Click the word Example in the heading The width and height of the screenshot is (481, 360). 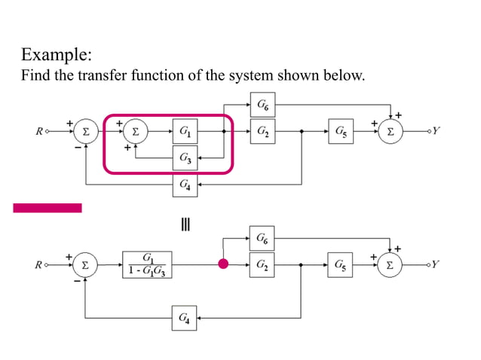pos(56,55)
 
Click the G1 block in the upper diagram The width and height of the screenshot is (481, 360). pos(185,131)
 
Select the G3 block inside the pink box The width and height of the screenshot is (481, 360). pos(185,158)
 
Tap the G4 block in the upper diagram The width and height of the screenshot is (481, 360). pos(185,184)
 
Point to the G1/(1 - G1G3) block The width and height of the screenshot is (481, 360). pos(148,265)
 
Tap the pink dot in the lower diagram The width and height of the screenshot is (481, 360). pos(223,264)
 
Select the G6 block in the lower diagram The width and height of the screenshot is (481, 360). pos(261,239)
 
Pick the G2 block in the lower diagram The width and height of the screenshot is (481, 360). pos(261,264)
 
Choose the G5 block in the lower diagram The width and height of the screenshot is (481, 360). pos(341,264)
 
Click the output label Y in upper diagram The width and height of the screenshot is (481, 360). pos(437,131)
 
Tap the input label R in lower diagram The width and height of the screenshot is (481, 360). pos(38,265)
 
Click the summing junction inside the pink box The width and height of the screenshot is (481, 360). pos(136,131)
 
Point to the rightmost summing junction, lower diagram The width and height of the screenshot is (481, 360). pos(390,265)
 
